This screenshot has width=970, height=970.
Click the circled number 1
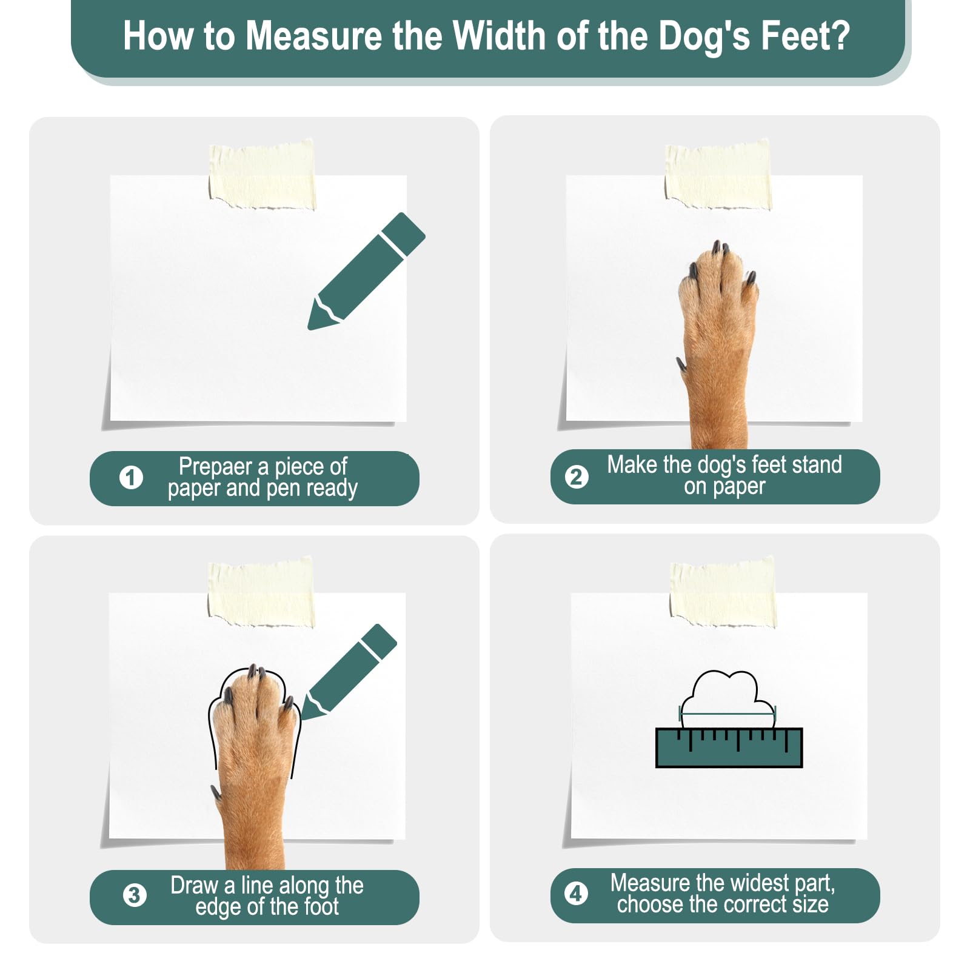click(131, 478)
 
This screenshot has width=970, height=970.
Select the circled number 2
click(577, 477)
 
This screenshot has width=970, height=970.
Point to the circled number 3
click(135, 895)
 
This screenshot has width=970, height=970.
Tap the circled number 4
click(576, 894)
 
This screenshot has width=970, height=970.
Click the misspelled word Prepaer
click(215, 467)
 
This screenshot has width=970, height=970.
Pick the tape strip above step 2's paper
click(718, 175)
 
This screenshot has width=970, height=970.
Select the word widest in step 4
click(759, 883)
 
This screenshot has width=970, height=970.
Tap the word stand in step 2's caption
click(817, 465)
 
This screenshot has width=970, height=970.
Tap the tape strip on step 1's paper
click(262, 175)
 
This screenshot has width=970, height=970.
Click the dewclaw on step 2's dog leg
click(681, 365)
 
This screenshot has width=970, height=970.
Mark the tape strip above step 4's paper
click(723, 592)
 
